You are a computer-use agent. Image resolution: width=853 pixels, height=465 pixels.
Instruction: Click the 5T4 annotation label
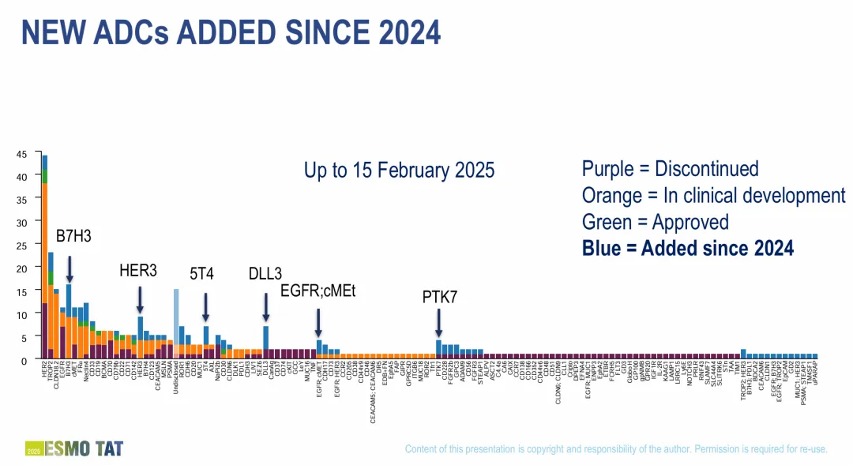coord(202,274)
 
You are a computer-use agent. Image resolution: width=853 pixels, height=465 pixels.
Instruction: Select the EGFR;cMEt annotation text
coord(318,291)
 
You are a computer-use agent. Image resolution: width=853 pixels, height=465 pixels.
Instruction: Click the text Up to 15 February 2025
coord(399,171)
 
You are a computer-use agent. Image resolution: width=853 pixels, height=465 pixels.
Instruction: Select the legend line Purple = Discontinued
coord(670,168)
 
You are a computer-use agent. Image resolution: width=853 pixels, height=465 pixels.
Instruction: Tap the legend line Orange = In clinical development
coord(713,195)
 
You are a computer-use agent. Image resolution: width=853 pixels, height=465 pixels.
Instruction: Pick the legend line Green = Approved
coord(655,222)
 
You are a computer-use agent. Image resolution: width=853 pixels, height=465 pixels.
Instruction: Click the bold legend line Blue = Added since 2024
coord(687,249)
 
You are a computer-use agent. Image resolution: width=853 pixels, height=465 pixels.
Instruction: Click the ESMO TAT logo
coord(75,449)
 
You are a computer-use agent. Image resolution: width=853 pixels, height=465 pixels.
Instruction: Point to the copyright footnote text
coord(616,449)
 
